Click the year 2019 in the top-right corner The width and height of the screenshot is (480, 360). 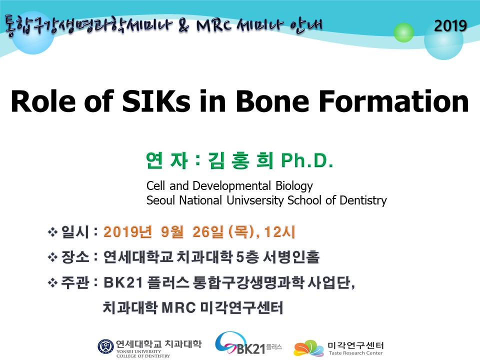point(450,25)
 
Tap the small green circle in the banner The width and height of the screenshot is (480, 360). point(403,32)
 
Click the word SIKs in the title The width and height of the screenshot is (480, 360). point(156,101)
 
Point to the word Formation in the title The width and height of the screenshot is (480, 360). point(393,101)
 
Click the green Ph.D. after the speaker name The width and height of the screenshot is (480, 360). point(307,160)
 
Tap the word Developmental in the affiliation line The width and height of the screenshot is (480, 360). point(231,186)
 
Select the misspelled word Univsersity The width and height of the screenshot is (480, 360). point(255,200)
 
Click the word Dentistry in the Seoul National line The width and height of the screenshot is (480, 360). point(363,200)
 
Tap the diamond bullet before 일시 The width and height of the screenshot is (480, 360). point(52,232)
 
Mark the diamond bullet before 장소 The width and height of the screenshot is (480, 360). point(52,257)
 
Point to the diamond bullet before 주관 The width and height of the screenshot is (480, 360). point(52,282)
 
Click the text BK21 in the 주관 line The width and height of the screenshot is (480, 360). point(123,282)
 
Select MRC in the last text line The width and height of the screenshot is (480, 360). point(178,307)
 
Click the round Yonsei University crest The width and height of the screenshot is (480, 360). point(105,347)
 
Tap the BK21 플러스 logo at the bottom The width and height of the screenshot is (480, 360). point(248,343)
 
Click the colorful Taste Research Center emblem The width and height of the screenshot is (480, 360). point(308,348)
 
